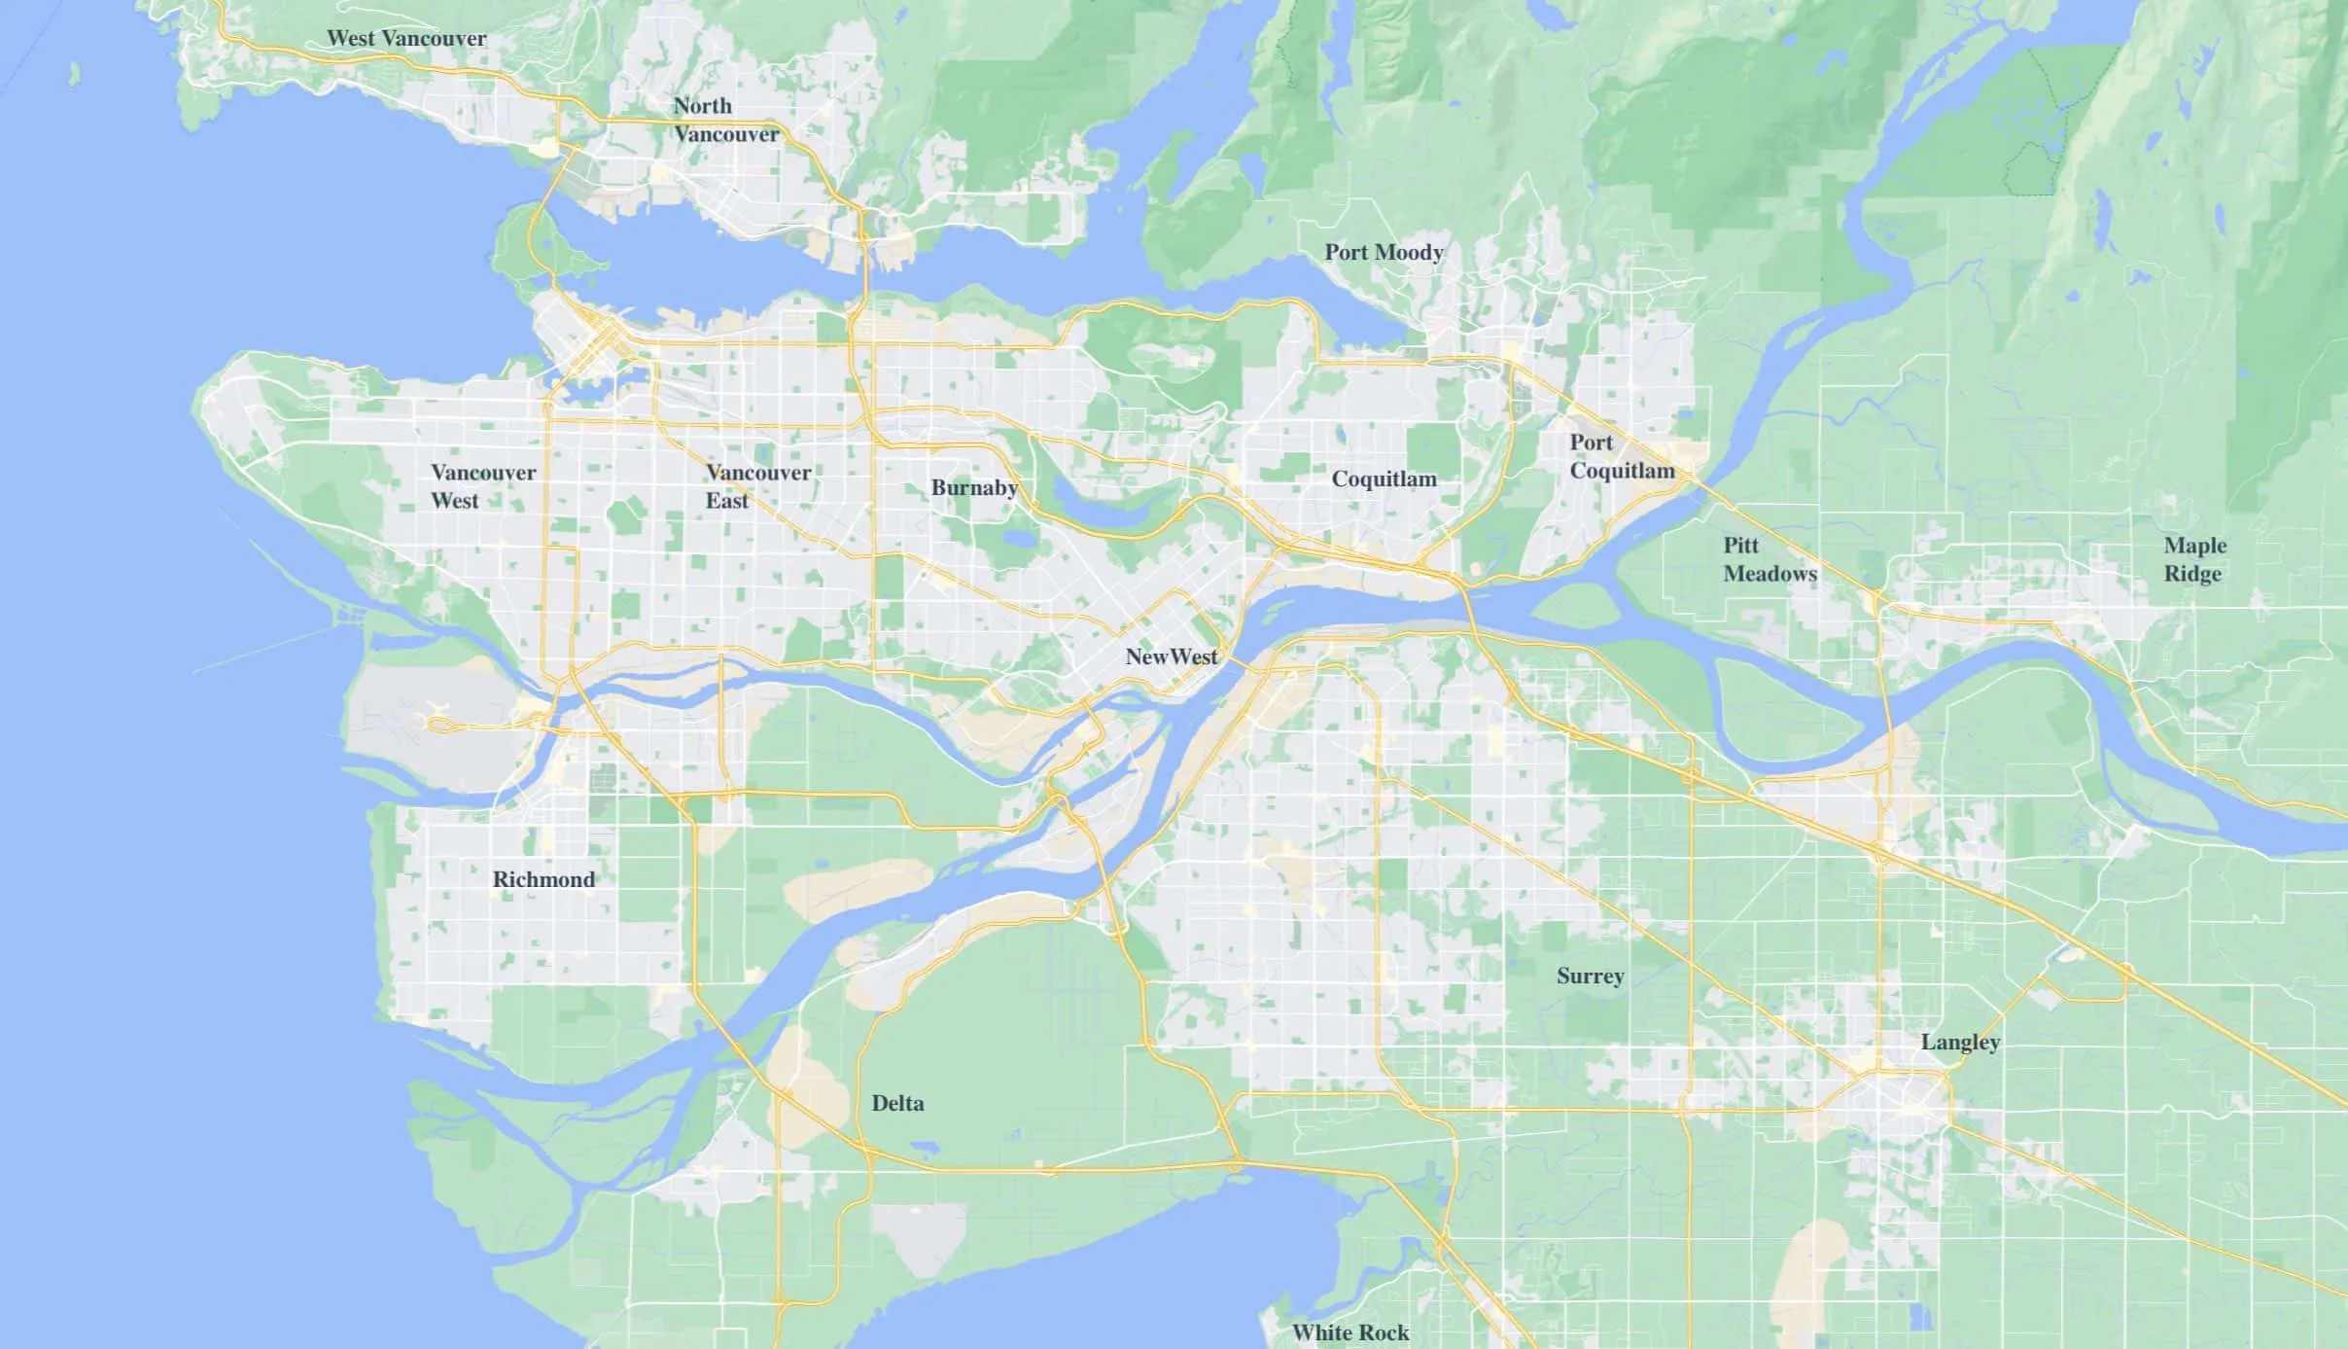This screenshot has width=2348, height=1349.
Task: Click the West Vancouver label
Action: pos(406,39)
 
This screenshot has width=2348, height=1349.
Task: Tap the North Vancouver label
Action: pos(725,120)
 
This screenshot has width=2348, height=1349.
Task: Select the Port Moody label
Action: pos(1384,253)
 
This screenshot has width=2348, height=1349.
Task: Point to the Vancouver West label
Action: pos(482,486)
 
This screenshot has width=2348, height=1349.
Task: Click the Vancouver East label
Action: pos(757,486)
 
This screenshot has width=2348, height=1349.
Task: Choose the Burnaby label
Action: pos(974,488)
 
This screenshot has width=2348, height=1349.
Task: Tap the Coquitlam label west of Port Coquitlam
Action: pos(1384,479)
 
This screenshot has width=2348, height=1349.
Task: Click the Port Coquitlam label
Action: pos(1621,457)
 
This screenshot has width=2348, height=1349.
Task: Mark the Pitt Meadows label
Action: pos(1770,559)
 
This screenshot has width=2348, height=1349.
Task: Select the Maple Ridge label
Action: pos(2194,559)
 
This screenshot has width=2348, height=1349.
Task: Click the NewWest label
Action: pos(1171,657)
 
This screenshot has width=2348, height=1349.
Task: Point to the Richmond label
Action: pos(543,880)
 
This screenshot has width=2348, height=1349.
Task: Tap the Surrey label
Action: pos(1590,976)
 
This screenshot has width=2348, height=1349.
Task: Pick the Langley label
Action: pos(1960,1043)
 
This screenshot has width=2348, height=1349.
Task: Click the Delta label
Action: pos(897,1104)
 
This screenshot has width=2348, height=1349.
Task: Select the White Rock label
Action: pos(1349,1333)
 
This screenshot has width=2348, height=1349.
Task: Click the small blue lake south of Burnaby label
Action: pos(1018,538)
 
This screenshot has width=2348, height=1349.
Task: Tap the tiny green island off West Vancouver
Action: pos(75,74)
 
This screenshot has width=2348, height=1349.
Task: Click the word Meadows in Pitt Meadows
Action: pos(1770,574)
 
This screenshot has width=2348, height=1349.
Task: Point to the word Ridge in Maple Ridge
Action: pos(2192,574)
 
